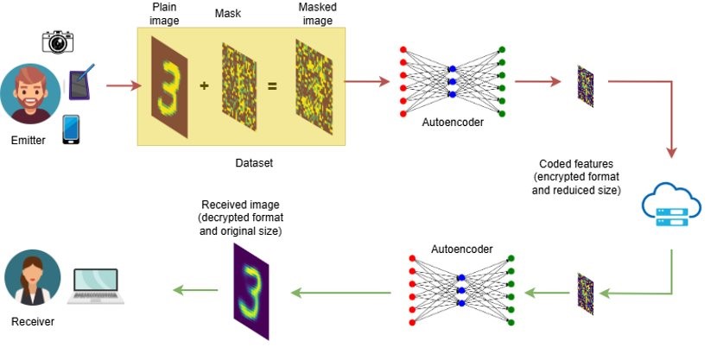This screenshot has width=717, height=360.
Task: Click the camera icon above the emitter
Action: coord(58,41)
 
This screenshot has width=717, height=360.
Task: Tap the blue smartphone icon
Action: coord(72,129)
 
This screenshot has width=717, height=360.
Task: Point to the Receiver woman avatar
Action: coord(32,279)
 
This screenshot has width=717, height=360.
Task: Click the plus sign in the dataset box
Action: coord(204,85)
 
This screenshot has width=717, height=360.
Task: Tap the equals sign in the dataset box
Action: coord(271,85)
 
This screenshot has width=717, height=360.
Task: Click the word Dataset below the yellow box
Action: coord(255,161)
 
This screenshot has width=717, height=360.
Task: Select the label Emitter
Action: coord(29,141)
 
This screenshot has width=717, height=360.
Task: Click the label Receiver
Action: coord(32,322)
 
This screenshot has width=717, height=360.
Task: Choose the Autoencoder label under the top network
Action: coord(453,123)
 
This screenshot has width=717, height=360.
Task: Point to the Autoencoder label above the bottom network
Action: coord(462,249)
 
